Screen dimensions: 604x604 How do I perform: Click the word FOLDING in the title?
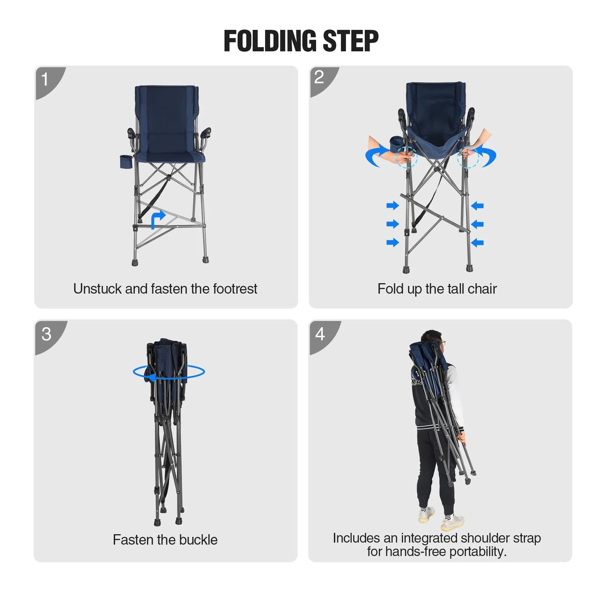pos(270,41)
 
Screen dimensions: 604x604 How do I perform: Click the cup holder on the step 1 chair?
pos(126,161)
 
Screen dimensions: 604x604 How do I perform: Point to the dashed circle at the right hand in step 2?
pos(468,157)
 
